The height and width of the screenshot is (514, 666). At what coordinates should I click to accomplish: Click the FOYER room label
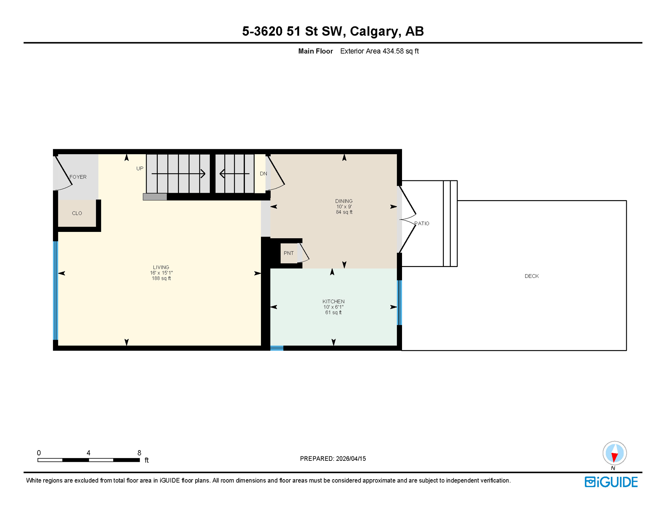click(x=78, y=177)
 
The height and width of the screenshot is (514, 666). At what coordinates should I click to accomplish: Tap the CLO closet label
click(x=77, y=213)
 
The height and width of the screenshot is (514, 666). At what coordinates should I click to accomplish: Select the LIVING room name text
click(x=161, y=267)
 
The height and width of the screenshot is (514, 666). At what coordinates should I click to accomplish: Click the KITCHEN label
click(x=333, y=302)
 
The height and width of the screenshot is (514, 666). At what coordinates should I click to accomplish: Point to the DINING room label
click(x=344, y=201)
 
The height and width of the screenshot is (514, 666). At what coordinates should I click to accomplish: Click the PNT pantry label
click(x=288, y=253)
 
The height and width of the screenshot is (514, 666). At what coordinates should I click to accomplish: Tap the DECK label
click(x=531, y=276)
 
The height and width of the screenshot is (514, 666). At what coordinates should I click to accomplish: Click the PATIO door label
click(x=422, y=223)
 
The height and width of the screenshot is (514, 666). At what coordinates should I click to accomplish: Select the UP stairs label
click(x=140, y=168)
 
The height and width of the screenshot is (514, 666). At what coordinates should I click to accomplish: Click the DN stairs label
click(x=263, y=173)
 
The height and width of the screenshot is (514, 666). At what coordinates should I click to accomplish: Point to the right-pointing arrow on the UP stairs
click(x=202, y=174)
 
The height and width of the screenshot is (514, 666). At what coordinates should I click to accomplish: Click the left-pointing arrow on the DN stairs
click(x=222, y=174)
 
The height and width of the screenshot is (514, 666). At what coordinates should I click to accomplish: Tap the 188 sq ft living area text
click(x=161, y=278)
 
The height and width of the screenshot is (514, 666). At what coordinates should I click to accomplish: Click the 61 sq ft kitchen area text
click(x=333, y=313)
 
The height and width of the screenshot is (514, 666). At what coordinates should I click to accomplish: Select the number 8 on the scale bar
click(x=139, y=453)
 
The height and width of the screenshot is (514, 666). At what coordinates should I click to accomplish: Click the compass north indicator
click(x=614, y=453)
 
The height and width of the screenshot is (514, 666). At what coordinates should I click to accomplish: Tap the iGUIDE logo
click(x=611, y=482)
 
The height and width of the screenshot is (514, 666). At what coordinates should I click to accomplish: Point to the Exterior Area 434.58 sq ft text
click(x=379, y=51)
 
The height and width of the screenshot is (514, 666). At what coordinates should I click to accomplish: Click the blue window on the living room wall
click(x=56, y=290)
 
